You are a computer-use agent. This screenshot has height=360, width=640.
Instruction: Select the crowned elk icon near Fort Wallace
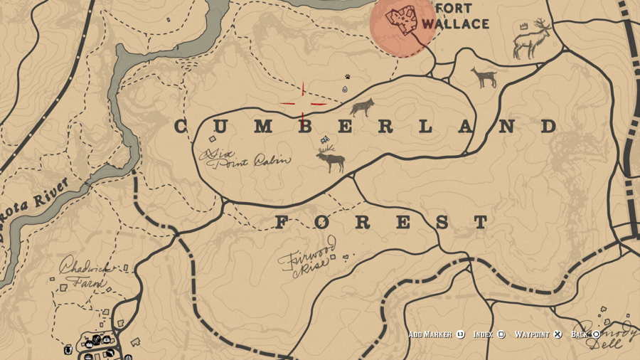pos(533,38)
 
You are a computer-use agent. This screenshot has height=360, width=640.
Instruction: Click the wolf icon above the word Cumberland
pos(362,107)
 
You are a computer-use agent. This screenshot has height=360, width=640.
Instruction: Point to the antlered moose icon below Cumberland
pos(330,159)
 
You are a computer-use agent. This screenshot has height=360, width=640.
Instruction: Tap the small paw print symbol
pos(348,76)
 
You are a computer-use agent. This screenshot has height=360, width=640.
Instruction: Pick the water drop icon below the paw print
pos(345,90)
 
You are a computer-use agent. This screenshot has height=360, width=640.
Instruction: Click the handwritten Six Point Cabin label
pos(245,158)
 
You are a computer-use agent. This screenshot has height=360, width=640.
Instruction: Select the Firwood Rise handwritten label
pos(306,260)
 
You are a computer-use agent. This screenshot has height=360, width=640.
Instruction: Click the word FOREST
pos(383,223)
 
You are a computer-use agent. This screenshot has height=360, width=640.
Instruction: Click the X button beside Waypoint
pos(558,334)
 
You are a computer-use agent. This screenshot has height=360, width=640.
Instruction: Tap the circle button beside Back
pos(596,334)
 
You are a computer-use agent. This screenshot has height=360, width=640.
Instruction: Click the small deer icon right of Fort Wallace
pos(486,78)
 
